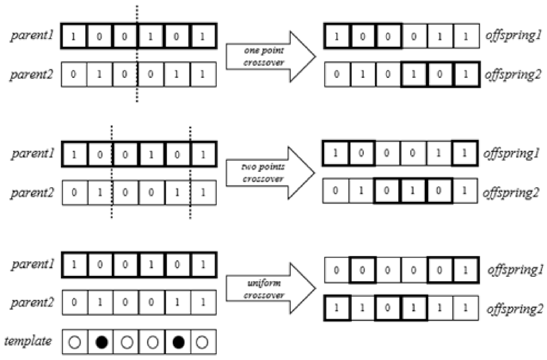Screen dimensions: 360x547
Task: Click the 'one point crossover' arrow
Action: coord(265,56)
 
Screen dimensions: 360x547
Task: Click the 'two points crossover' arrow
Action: coord(265,173)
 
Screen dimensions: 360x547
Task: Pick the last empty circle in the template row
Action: coord(203,342)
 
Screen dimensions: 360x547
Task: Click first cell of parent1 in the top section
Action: coord(74,36)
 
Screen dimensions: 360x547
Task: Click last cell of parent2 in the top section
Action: coord(203,75)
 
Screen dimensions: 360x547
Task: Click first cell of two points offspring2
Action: coord(336,191)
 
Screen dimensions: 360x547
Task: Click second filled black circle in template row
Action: coord(177,342)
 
